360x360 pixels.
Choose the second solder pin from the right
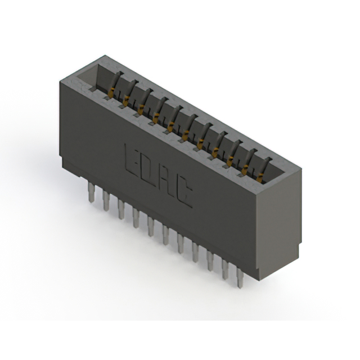(x=225, y=269)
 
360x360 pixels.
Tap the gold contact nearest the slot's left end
(x=112, y=90)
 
